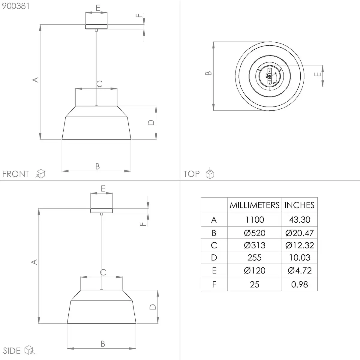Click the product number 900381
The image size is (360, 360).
coord(16,6)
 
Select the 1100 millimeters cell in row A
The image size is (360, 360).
coord(254,220)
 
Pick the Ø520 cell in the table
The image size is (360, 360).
coord(254,233)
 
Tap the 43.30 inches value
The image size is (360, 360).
coord(299,220)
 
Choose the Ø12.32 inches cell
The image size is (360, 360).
coord(299,245)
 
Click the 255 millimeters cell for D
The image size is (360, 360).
coord(254,258)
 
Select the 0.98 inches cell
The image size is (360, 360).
coord(299,284)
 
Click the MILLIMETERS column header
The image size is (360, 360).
coord(254,205)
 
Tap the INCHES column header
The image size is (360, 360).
coord(299,205)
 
